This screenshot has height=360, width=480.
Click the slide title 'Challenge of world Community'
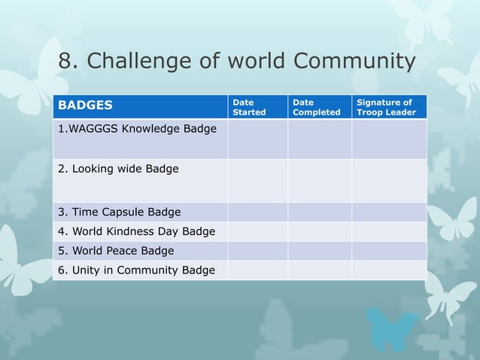point(251,62)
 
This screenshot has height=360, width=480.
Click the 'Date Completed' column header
point(316,107)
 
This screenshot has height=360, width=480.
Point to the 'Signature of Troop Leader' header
point(386,107)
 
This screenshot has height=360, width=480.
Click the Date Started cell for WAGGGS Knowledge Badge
point(257,139)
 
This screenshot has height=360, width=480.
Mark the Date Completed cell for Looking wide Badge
point(319,181)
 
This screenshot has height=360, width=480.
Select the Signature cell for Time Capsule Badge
point(389,212)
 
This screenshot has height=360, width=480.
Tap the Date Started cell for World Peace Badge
point(257,251)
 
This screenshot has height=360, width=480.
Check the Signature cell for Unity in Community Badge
point(389,270)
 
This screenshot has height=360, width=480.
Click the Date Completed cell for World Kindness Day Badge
point(319,231)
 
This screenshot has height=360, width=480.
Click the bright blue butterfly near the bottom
point(391,329)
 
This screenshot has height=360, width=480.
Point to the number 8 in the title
point(65,62)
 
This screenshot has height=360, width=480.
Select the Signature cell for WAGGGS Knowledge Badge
point(389,139)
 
